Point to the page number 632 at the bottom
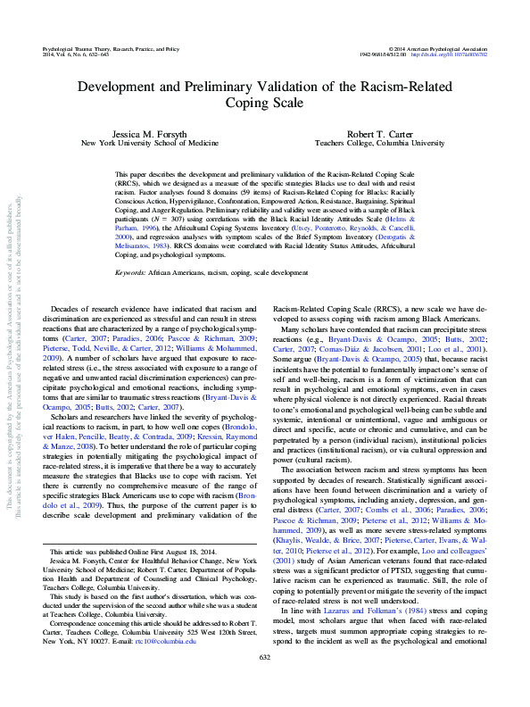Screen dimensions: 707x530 pyautogui.click(x=264, y=682)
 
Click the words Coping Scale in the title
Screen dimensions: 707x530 pyautogui.click(x=264, y=104)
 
